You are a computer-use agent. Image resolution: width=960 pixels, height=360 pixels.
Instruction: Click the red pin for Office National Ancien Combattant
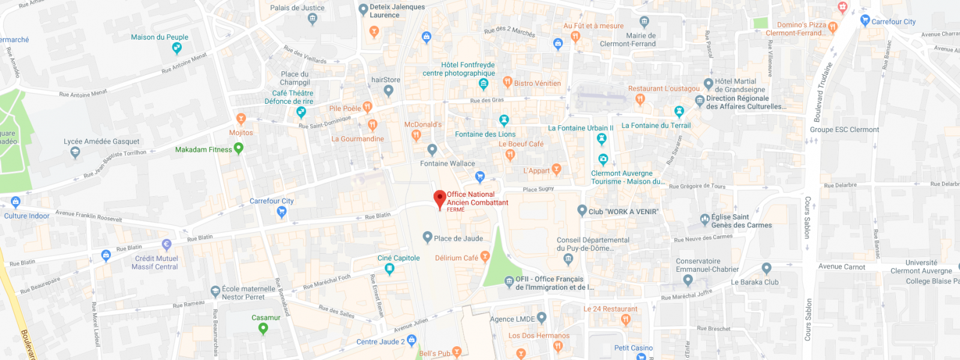pyautogui.click(x=440, y=199)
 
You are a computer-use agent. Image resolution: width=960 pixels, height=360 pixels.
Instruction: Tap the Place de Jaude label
pyautogui.click(x=458, y=238)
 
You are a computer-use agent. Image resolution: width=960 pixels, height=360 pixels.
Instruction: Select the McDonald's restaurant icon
pyautogui.click(x=416, y=135)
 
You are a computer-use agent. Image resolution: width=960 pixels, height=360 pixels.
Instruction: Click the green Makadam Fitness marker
pyautogui.click(x=239, y=148)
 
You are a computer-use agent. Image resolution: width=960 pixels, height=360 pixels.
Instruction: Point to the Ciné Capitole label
pyautogui.click(x=398, y=258)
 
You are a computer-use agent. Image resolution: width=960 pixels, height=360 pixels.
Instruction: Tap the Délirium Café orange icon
pyautogui.click(x=485, y=257)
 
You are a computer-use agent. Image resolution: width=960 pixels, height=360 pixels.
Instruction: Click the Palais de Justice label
pyautogui.click(x=297, y=8)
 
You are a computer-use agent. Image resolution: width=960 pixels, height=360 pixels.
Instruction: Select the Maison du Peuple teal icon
pyautogui.click(x=176, y=47)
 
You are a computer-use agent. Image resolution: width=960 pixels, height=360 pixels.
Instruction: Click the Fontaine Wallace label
pyautogui.click(x=447, y=163)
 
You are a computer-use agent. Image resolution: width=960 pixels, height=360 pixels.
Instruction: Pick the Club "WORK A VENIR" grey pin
pyautogui.click(x=582, y=210)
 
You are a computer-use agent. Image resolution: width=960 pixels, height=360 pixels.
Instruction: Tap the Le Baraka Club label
pyautogui.click(x=754, y=282)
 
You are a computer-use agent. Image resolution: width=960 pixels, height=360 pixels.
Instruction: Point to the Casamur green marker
pyautogui.click(x=263, y=328)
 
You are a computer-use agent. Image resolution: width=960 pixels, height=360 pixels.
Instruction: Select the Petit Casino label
pyautogui.click(x=633, y=348)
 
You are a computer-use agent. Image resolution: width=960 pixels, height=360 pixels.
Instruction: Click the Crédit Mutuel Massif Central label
pyautogui.click(x=156, y=263)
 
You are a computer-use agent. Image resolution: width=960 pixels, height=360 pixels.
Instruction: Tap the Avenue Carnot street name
pyautogui.click(x=842, y=266)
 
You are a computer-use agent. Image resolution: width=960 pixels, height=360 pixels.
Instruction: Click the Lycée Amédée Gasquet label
pyautogui.click(x=101, y=142)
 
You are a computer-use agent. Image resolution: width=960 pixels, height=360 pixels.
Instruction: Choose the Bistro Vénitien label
pyautogui.click(x=537, y=83)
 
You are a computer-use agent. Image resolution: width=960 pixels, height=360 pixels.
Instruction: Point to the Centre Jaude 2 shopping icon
pyautogui.click(x=412, y=340)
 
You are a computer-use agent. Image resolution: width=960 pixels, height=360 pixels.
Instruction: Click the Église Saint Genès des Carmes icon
pyautogui.click(x=705, y=220)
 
